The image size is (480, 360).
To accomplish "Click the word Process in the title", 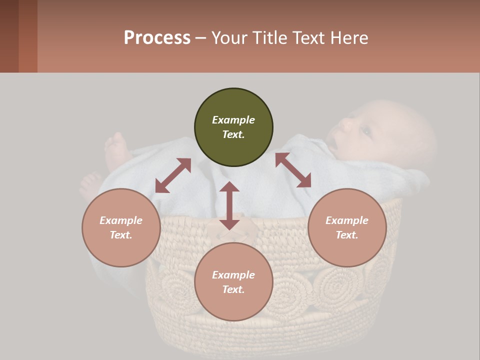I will point(157,38).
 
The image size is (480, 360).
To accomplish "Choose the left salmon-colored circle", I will point(121,227).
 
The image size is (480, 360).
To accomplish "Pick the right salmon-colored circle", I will point(347,227).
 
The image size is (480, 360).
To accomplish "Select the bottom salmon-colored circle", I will point(233,282).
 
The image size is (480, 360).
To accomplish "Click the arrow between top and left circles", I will point(173,175).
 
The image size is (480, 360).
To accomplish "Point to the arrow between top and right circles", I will point(293,170).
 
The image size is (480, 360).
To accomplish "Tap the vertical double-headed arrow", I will point(229,205).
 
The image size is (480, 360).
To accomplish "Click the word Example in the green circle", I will point(233,120).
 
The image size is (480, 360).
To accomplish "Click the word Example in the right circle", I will point(347,220).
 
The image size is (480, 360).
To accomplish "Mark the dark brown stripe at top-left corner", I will point(9,36).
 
